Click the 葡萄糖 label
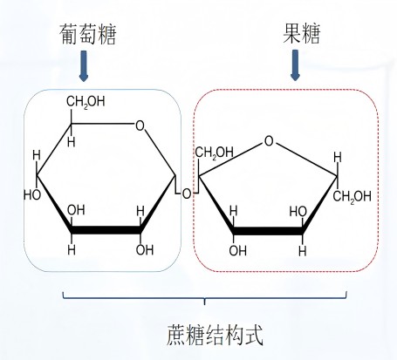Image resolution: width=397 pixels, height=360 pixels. [x=87, y=34]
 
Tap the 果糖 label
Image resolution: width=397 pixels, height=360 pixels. [x=302, y=34]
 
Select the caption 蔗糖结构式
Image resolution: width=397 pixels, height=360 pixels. [x=215, y=335]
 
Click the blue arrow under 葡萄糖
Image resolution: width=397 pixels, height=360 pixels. [x=84, y=66]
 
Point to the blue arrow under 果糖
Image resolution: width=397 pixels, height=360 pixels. [x=295, y=65]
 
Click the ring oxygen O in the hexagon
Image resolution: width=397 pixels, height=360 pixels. [x=140, y=126]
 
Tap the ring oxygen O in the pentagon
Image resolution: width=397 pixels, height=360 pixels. [x=269, y=141]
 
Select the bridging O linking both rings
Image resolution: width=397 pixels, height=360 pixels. [x=187, y=194]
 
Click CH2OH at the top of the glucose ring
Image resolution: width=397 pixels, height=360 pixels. [x=86, y=102]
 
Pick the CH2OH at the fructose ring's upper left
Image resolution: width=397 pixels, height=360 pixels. [x=215, y=153]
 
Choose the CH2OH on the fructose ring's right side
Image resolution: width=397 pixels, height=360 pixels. [x=353, y=197]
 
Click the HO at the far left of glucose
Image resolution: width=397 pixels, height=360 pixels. [x=32, y=194]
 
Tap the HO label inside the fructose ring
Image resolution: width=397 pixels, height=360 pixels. [x=298, y=212]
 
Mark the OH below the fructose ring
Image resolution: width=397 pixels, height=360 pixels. [x=237, y=250]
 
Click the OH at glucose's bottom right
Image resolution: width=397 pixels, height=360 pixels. [x=145, y=250]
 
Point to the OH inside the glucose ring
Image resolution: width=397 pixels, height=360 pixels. [x=76, y=210]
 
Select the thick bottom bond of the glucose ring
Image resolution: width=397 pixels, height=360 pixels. [x=106, y=230]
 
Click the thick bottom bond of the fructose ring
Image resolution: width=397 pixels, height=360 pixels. [x=268, y=231]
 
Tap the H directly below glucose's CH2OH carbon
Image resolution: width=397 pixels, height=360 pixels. [x=72, y=142]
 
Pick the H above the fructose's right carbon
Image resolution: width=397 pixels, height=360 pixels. [x=338, y=158]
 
